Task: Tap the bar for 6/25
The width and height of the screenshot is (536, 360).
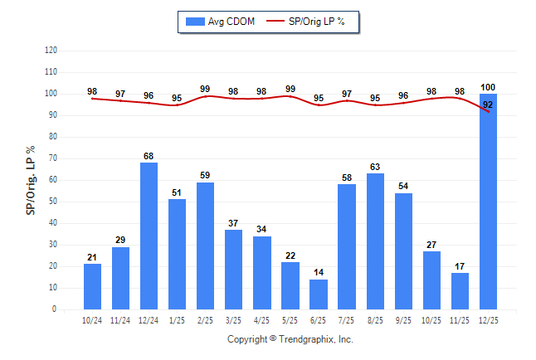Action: (319, 294)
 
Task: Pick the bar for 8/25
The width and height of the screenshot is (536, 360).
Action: (375, 241)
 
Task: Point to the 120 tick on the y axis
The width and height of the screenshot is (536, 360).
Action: (51, 51)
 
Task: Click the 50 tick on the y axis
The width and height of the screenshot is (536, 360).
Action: (53, 202)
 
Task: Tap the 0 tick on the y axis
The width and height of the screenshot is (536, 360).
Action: (56, 309)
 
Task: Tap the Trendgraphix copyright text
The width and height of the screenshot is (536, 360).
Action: (290, 339)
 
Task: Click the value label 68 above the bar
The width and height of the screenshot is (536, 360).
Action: (149, 156)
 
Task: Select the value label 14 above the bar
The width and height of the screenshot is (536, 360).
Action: (319, 272)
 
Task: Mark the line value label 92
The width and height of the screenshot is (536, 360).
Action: (488, 105)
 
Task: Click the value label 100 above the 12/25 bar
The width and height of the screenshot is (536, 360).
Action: (488, 87)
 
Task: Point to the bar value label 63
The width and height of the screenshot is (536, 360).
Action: (375, 167)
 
